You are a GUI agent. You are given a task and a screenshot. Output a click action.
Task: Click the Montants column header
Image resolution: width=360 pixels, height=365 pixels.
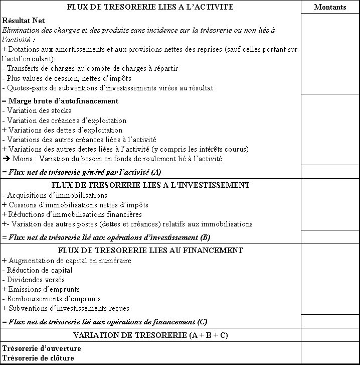click(x=330, y=7)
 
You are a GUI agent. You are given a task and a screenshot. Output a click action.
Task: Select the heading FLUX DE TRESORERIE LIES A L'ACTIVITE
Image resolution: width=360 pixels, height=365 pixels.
click(x=150, y=7)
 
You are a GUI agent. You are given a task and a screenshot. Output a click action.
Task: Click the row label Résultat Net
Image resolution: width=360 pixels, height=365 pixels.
click(x=24, y=21)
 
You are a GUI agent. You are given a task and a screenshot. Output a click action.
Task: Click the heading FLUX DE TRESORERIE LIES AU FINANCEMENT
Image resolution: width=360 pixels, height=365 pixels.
click(x=150, y=250)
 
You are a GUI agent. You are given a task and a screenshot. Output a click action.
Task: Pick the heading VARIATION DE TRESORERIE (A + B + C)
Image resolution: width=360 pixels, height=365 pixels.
click(x=150, y=335)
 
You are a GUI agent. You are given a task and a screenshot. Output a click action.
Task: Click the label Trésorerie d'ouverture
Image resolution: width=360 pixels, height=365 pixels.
click(x=42, y=348)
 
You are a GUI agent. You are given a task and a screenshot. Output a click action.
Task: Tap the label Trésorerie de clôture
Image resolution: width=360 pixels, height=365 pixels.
click(x=38, y=358)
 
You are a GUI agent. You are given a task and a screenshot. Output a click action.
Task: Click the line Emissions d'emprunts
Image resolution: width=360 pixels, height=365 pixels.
click(x=41, y=289)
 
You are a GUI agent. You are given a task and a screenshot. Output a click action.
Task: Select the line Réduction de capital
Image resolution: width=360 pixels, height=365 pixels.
click(x=37, y=270)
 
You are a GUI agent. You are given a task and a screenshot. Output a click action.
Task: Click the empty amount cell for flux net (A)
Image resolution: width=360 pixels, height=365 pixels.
click(x=330, y=172)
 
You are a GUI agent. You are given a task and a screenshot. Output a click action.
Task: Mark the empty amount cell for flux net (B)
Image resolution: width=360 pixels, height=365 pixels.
click(x=330, y=236)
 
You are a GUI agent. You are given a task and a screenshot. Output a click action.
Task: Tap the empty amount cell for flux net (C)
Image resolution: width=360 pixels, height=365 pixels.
click(x=330, y=321)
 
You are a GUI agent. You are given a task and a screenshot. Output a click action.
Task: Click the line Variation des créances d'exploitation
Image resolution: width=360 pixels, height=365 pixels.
click(x=64, y=120)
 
